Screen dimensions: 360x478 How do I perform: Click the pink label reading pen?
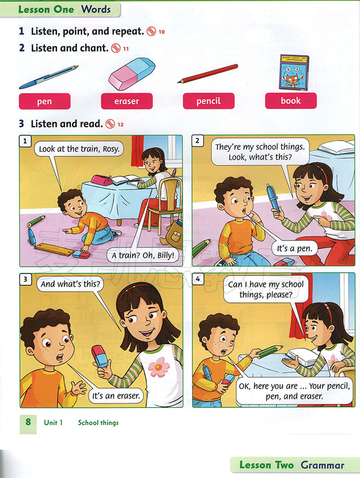[44, 101]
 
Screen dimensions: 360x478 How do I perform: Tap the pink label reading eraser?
[127, 101]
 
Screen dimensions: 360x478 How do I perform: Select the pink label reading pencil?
[209, 101]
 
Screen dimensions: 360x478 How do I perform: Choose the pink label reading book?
[291, 101]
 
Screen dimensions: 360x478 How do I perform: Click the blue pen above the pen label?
[49, 77]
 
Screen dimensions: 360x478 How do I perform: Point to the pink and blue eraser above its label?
[131, 74]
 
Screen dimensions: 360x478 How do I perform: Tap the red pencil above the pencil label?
[208, 74]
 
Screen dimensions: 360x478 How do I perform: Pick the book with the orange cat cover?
[294, 73]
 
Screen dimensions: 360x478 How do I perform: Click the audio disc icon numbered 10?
[151, 32]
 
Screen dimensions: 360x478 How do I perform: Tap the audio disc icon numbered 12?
[110, 124]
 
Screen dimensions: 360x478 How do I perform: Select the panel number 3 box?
[25, 279]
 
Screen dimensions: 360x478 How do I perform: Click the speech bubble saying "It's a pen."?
[294, 249]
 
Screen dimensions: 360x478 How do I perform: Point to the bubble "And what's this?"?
[71, 284]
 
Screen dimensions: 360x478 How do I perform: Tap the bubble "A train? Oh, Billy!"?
[143, 255]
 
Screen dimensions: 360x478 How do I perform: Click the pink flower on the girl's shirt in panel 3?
[158, 367]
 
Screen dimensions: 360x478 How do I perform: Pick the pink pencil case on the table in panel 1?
[102, 180]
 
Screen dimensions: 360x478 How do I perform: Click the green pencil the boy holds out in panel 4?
[269, 351]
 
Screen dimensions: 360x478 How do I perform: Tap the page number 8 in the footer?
[28, 422]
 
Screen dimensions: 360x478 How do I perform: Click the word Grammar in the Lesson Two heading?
[323, 465]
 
